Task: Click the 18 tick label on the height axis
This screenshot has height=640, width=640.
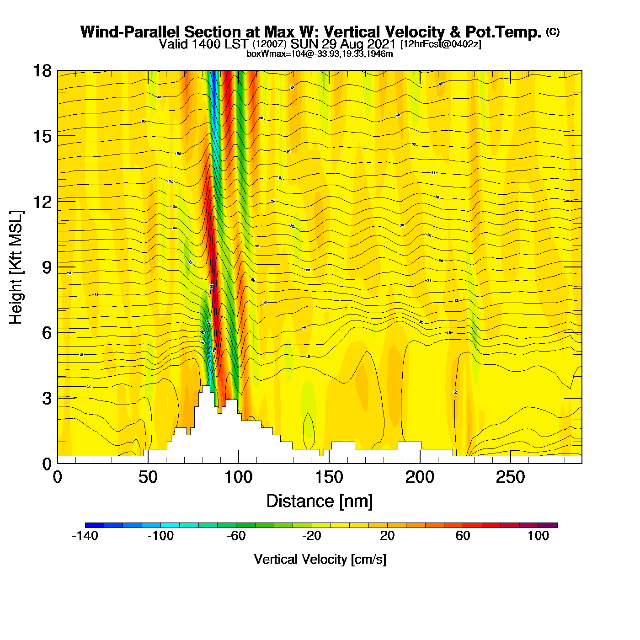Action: pos(42,71)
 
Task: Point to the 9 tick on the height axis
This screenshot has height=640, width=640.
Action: pos(47,267)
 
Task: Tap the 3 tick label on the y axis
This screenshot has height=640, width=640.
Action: pos(47,398)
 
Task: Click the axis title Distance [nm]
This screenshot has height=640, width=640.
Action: pos(320,501)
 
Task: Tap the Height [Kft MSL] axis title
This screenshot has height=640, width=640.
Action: pos(16,267)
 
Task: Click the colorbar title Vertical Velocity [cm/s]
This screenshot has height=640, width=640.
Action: pos(320,560)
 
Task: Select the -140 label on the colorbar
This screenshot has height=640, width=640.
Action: pos(85,536)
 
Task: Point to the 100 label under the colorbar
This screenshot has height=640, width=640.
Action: pos(538,536)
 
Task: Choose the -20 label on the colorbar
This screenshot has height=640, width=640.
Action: pos(312,536)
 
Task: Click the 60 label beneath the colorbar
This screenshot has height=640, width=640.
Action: pos(463,536)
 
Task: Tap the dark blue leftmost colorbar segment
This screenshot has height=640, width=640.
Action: pos(95,525)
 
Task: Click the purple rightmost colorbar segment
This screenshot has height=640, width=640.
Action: pos(548,525)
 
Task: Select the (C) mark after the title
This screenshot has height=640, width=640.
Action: pos(553,32)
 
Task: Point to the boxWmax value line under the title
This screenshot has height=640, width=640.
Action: pos(320,54)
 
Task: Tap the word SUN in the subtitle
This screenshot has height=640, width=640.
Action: pos(304,44)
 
